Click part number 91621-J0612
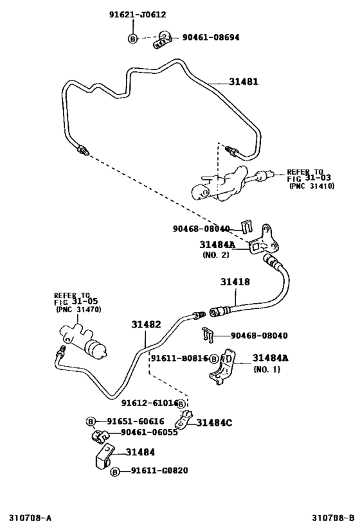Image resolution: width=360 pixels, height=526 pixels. click(x=138, y=14)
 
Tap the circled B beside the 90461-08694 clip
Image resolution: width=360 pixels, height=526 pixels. click(x=133, y=39)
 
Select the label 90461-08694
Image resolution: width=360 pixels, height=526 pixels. click(x=211, y=37)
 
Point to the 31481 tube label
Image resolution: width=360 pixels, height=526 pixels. click(x=244, y=82)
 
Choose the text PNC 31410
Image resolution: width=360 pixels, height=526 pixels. click(x=312, y=186)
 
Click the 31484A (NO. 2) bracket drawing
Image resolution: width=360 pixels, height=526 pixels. click(x=264, y=240)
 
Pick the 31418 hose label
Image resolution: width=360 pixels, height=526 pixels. click(x=235, y=282)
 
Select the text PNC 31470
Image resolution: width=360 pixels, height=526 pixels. click(x=78, y=310)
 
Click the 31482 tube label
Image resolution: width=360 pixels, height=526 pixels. click(x=146, y=324)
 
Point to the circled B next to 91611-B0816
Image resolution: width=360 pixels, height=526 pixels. click(x=214, y=359)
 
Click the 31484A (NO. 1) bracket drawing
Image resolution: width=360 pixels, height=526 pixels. click(x=222, y=367)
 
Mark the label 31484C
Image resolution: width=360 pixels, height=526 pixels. click(x=214, y=423)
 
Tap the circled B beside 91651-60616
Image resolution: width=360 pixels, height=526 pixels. click(x=91, y=422)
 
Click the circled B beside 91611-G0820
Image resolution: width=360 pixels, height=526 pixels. click(x=115, y=472)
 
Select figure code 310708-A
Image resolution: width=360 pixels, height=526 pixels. click(x=30, y=518)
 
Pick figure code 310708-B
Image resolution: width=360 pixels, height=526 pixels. click(x=333, y=518)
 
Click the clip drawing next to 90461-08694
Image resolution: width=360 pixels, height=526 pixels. click(x=163, y=40)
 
